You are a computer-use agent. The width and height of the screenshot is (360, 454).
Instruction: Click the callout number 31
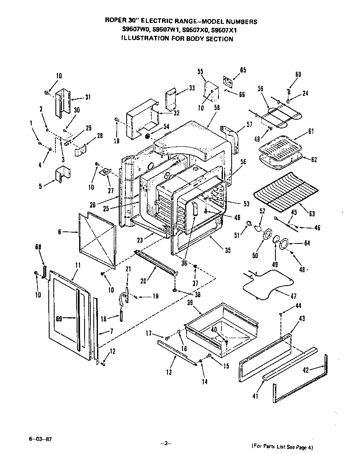pos(87,97)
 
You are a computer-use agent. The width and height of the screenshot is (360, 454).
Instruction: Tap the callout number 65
pos(243,70)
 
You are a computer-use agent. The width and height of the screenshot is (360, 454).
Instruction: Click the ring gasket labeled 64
pos(284,244)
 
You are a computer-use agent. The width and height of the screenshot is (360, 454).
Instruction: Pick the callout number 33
pos(192,88)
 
